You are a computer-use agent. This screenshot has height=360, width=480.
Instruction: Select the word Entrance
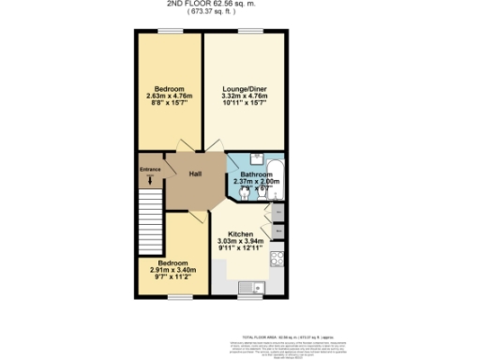[x=151, y=169]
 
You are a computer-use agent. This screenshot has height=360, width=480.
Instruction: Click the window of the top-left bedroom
[x=172, y=31]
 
